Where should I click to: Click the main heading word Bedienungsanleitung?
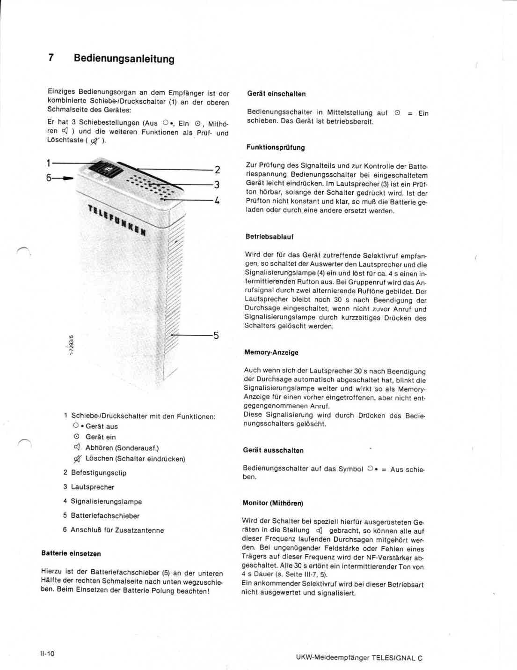(124, 59)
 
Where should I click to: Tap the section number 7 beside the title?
(51, 58)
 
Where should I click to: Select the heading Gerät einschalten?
(276, 94)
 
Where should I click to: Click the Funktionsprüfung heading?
(275, 147)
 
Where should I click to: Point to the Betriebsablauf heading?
(269, 237)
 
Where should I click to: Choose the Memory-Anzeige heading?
(271, 352)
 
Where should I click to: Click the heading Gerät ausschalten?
(273, 450)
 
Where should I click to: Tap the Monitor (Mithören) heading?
(272, 503)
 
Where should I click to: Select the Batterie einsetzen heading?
(71, 553)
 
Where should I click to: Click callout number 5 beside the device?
(216, 335)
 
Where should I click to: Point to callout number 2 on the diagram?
(217, 170)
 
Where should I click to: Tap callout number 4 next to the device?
(217, 201)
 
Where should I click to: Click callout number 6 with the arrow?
(49, 178)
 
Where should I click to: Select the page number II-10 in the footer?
(47, 654)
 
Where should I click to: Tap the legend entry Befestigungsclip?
(98, 473)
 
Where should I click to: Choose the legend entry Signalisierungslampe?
(106, 501)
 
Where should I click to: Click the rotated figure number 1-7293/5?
(71, 344)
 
